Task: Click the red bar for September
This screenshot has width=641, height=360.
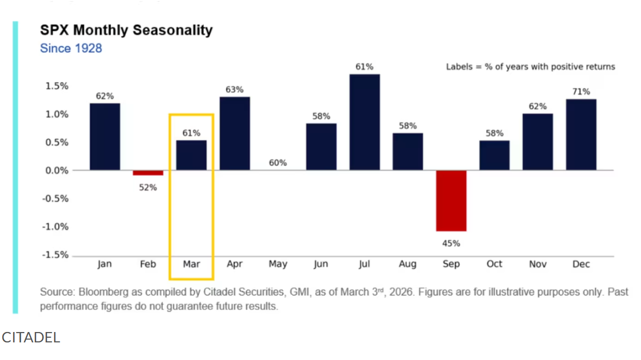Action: (x=451, y=200)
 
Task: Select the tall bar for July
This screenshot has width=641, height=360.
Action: (x=364, y=122)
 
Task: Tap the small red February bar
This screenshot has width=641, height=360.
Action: (x=148, y=173)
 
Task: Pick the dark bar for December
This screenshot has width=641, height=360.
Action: (x=581, y=135)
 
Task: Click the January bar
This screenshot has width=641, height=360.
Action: (x=105, y=137)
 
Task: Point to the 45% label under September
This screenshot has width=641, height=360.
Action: (x=451, y=243)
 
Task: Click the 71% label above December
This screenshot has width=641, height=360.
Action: (x=581, y=92)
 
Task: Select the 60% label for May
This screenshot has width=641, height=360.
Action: (x=278, y=163)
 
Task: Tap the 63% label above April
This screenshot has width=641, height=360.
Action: (x=234, y=89)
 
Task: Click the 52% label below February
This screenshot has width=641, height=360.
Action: (x=148, y=188)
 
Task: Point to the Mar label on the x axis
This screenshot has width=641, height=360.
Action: (x=191, y=264)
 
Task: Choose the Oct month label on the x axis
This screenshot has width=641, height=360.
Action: (x=494, y=264)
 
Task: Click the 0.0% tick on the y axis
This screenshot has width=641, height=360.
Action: (x=55, y=170)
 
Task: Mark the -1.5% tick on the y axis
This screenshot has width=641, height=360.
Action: (x=55, y=255)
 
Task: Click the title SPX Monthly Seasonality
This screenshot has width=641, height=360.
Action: (x=126, y=30)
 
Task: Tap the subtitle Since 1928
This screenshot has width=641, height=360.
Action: (x=71, y=48)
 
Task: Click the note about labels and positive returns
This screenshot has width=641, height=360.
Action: (x=531, y=67)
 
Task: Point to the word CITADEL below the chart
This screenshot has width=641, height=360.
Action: (x=31, y=338)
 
